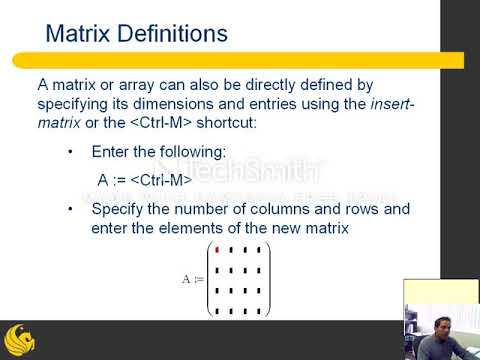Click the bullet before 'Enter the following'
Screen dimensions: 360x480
pos(69,153)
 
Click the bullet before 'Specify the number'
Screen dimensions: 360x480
pos(69,211)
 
